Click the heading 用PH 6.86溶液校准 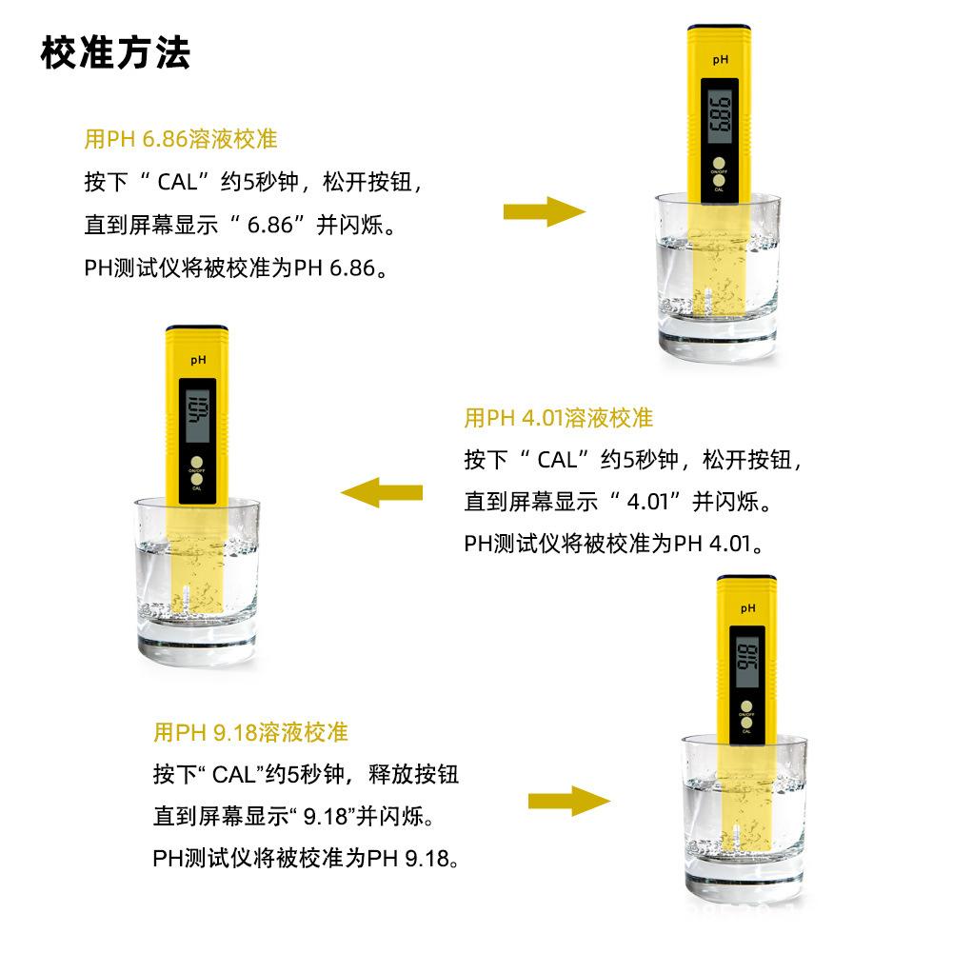pos(181,140)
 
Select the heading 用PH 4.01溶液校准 pos(559,418)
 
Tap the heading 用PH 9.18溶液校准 pos(250,732)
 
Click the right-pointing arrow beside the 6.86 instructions pos(545,211)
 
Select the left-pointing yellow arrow pos(382,492)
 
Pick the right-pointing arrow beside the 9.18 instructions pos(569,801)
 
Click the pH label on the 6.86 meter pos(721,59)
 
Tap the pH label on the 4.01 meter pos(198,360)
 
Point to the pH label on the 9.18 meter pos(747,607)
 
